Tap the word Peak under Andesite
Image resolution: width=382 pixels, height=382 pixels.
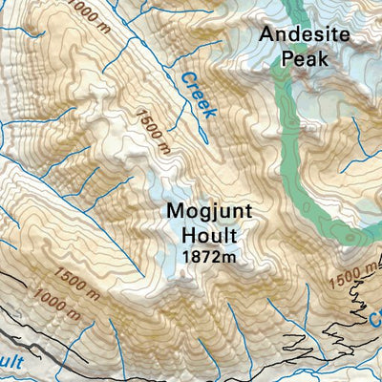(306, 59)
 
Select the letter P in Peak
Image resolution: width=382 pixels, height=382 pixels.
(287, 59)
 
